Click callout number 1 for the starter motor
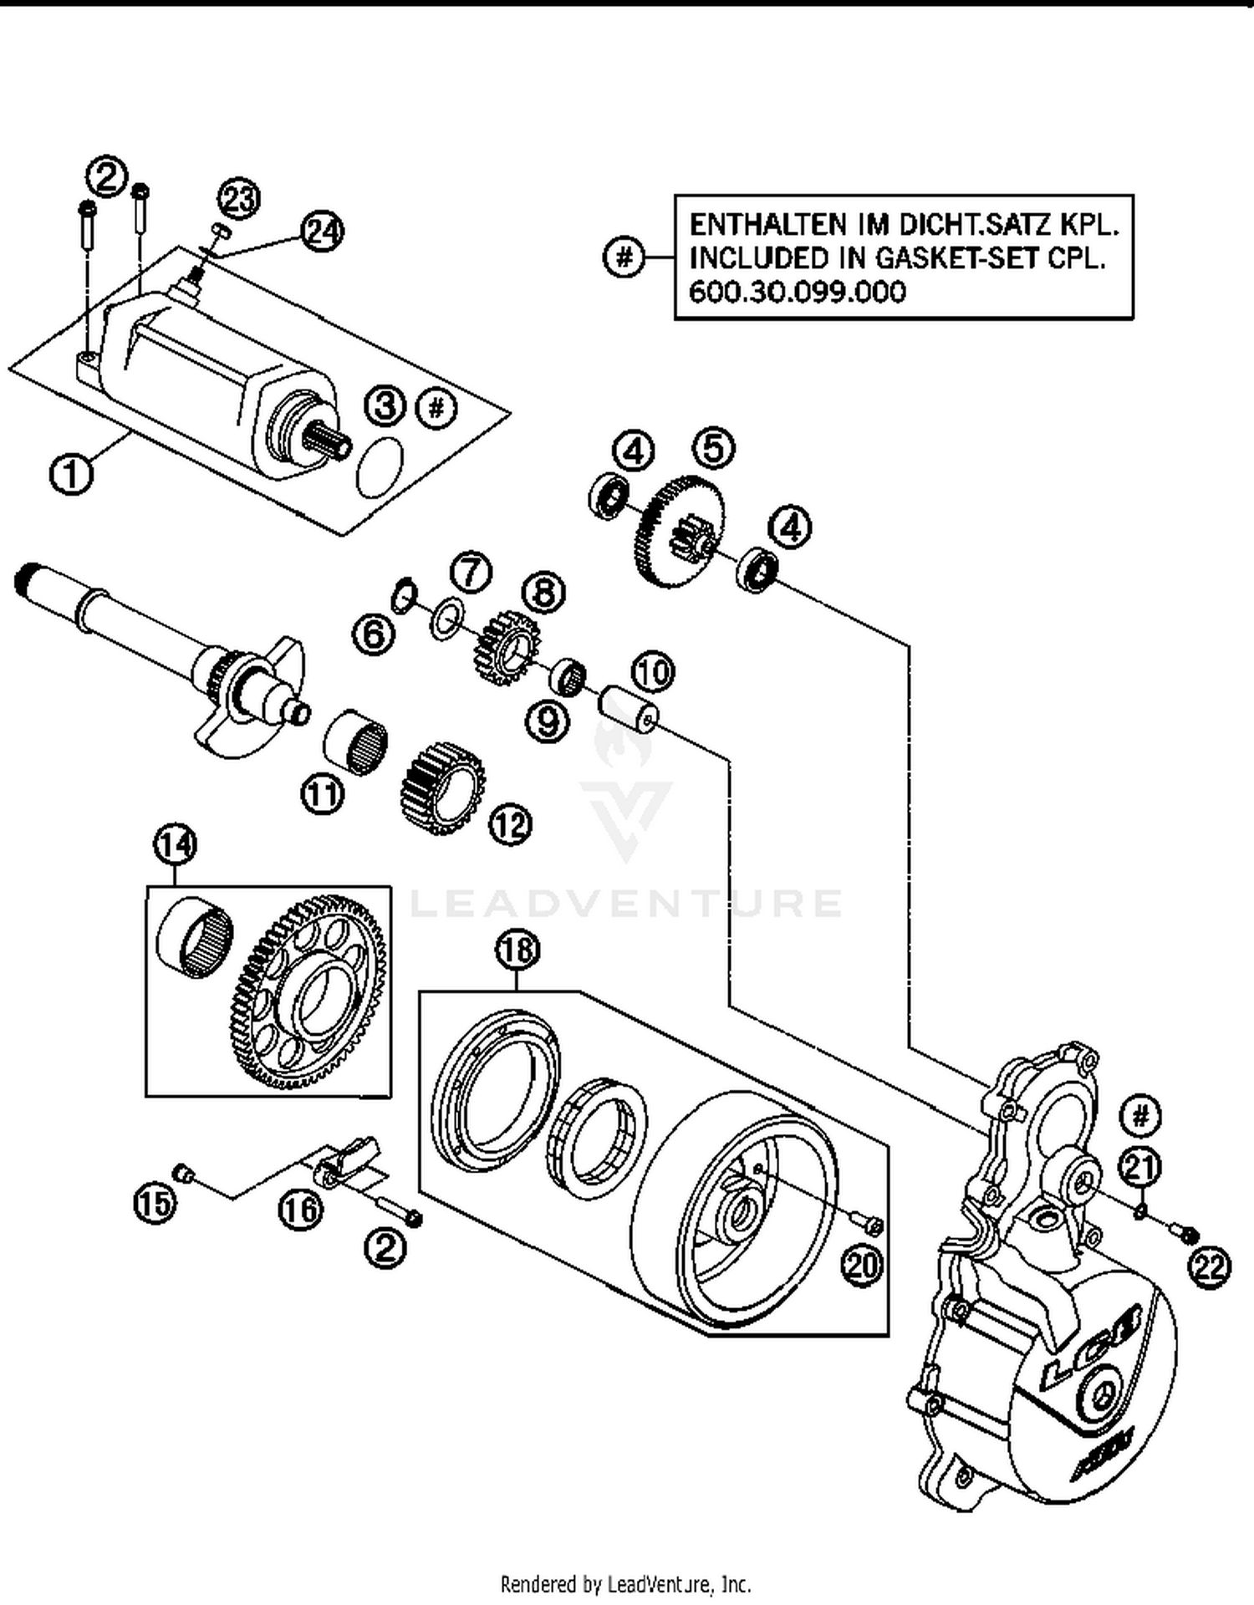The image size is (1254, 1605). tap(71, 475)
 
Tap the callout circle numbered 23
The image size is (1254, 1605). tap(239, 199)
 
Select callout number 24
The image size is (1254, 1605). tap(323, 232)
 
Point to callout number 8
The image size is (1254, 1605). tap(543, 593)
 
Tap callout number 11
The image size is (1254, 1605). tap(323, 793)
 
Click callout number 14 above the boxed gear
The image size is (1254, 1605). tap(175, 844)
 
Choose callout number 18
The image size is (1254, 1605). tap(517, 950)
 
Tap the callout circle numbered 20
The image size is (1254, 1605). tap(862, 1265)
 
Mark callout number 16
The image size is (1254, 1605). tap(301, 1210)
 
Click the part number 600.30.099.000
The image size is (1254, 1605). tap(797, 292)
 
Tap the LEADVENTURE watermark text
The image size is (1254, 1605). tap(626, 904)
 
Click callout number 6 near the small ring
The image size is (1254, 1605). tap(373, 634)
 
